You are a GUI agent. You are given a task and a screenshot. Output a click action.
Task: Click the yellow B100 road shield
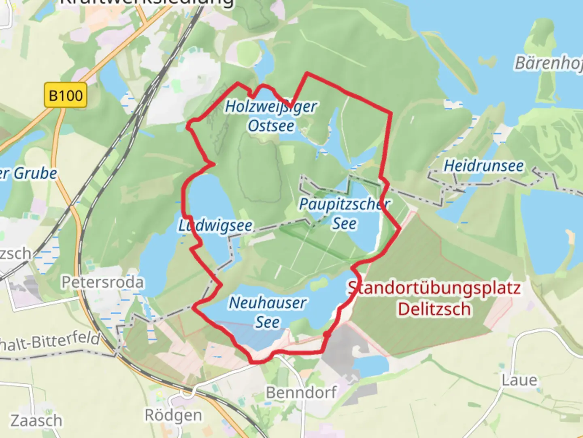coord(66,95)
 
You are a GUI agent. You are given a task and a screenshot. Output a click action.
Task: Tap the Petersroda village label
coord(102,282)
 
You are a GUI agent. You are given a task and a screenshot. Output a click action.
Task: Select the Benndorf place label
coord(301,392)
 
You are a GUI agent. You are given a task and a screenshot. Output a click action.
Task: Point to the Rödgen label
coord(173,415)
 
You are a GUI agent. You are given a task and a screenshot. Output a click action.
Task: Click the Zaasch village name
coord(36,421)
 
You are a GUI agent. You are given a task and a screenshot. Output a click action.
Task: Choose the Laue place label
coord(519,380)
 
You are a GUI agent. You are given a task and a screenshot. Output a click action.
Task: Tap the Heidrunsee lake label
coord(483,166)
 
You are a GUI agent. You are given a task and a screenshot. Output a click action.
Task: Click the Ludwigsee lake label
coord(216,225)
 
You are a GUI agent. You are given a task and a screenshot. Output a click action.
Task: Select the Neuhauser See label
coord(268,312)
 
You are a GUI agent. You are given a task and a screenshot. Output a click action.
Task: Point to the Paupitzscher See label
coord(345,214)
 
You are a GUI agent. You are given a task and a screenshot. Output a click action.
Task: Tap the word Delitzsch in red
coord(434,309)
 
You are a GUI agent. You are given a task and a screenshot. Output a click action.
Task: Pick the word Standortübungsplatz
coord(434,288)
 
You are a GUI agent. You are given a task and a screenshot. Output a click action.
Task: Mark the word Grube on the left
coord(36,174)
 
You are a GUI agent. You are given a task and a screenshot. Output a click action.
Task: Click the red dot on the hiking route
coord(327,335)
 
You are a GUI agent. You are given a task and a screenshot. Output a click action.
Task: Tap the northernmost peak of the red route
coord(307,73)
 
